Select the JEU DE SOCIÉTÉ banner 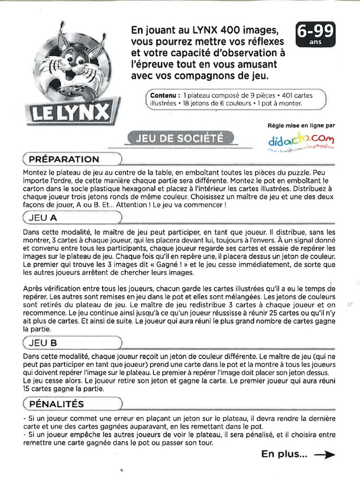coord(180,137)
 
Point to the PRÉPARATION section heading coord(64,159)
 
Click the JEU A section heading coord(44,217)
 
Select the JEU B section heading coord(43,343)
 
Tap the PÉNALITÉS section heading coord(56,403)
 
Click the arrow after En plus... coord(324,454)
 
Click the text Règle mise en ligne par coord(301,125)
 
